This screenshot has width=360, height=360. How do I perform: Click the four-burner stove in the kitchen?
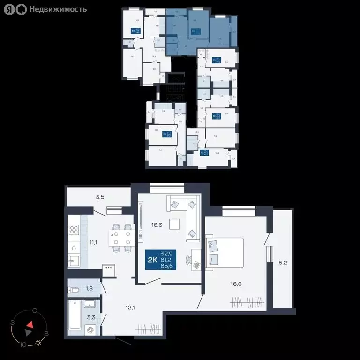tap(74, 230)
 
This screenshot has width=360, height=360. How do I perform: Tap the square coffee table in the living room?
tap(174, 224)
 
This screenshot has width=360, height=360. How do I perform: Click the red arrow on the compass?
tap(30, 324)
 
